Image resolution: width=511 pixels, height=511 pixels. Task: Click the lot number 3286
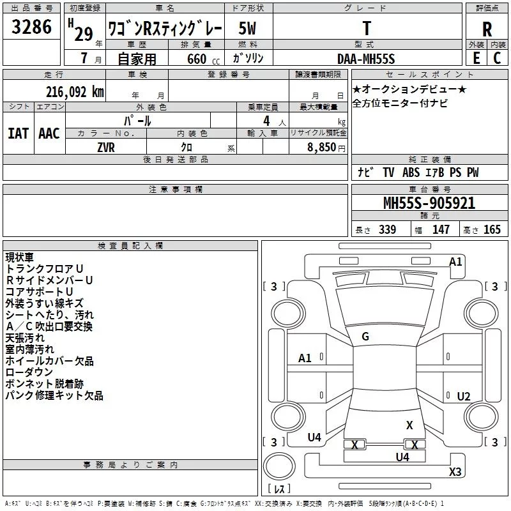(x=32, y=27)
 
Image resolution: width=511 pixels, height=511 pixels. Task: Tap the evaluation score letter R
(x=487, y=29)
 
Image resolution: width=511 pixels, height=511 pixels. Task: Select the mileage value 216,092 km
(x=74, y=91)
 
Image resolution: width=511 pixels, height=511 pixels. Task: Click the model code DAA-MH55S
(x=367, y=58)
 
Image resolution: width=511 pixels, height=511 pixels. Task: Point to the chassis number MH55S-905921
(x=429, y=203)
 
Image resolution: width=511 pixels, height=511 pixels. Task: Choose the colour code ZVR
(x=106, y=147)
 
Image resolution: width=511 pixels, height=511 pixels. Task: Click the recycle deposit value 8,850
(x=322, y=148)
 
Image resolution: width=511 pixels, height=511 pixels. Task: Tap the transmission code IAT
(x=18, y=133)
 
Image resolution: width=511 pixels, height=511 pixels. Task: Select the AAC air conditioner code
(x=49, y=133)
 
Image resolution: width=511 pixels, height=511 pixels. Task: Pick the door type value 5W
(x=247, y=29)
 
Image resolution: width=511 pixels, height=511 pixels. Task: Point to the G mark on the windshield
(x=365, y=337)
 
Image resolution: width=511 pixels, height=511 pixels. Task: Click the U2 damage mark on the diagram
(x=464, y=396)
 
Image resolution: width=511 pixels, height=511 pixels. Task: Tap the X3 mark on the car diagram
(x=455, y=471)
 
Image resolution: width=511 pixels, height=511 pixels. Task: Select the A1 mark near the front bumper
(x=455, y=261)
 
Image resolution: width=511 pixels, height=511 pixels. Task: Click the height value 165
(x=492, y=229)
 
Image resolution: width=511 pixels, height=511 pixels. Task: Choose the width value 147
(x=441, y=229)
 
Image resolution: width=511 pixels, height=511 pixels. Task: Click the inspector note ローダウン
(x=29, y=372)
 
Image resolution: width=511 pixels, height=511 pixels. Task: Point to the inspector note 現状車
(x=20, y=257)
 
